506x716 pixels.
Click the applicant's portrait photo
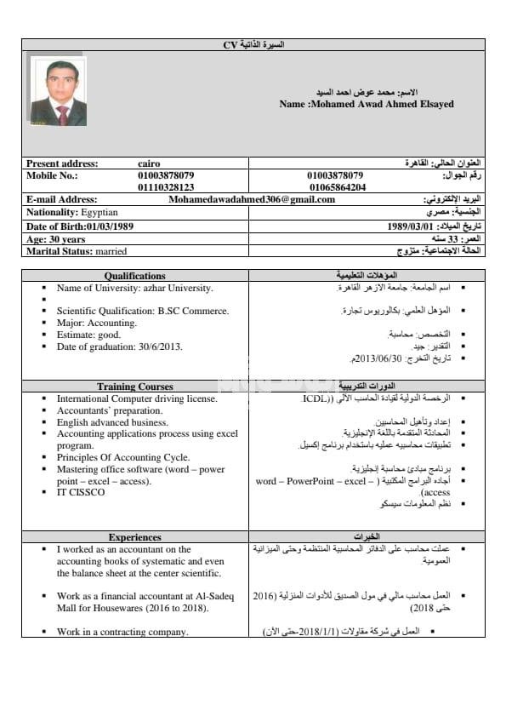58,92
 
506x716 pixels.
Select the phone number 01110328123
166,186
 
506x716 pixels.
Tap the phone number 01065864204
338,186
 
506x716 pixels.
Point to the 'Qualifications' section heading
135,276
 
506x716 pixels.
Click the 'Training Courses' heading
135,387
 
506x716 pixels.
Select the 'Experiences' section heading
135,537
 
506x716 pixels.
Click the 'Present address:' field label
62,163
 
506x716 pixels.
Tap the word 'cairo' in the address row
149,163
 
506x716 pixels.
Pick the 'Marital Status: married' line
77,252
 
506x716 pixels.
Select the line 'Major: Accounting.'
96,324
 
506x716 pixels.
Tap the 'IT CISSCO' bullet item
81,492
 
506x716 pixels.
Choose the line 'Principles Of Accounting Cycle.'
123,457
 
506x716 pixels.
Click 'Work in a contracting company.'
122,632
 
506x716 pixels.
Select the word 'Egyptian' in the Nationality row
100,212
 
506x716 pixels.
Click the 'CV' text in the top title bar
230,43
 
